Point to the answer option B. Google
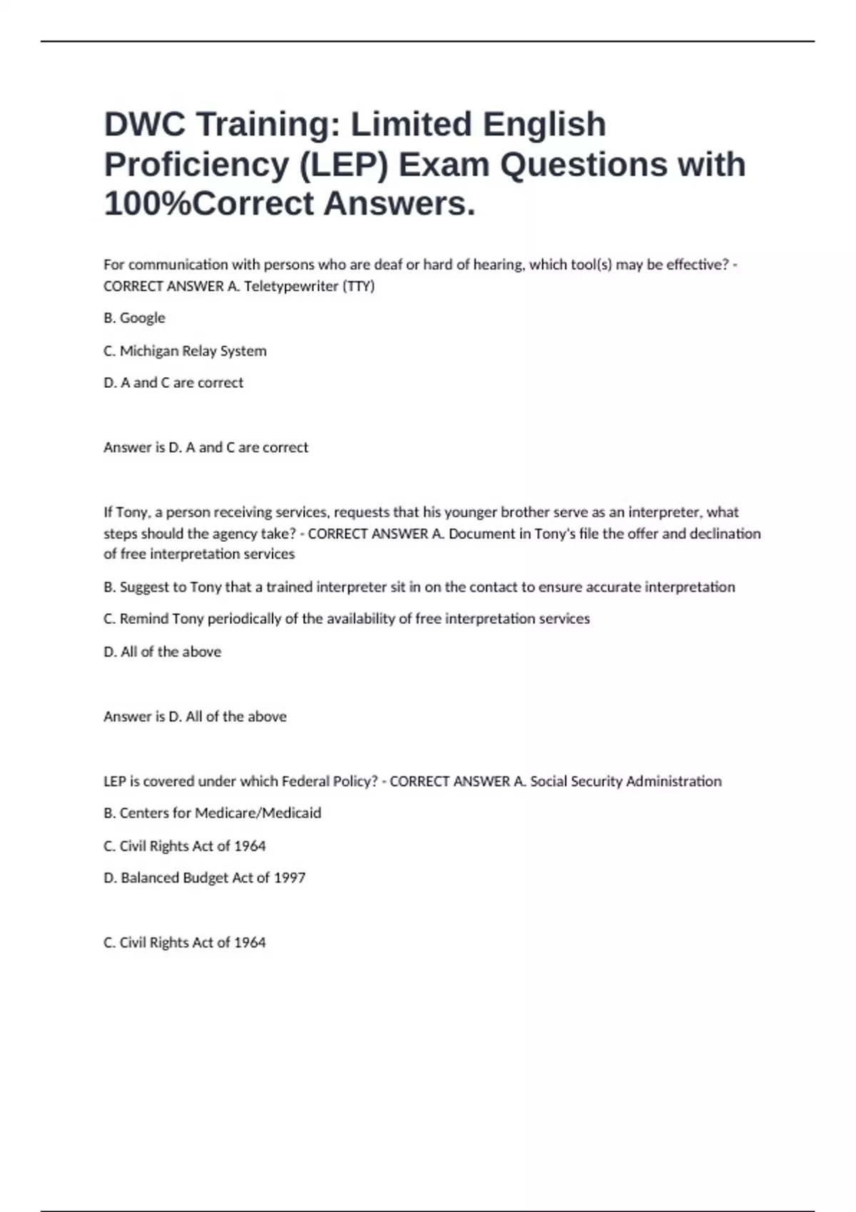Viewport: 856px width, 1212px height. tap(134, 318)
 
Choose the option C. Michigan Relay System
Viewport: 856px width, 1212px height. tap(185, 351)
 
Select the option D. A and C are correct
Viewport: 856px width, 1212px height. tap(173, 383)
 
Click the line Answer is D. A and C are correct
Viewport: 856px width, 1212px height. tap(205, 448)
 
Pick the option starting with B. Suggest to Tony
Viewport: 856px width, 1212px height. tap(419, 587)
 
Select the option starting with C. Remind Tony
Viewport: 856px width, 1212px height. tap(346, 619)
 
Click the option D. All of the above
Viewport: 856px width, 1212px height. tap(162, 652)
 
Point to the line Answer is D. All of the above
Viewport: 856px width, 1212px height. tap(195, 717)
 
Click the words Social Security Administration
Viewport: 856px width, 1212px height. tap(626, 781)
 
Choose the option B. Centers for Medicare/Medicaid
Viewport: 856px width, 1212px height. tap(212, 813)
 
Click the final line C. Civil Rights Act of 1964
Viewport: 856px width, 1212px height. tap(184, 943)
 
